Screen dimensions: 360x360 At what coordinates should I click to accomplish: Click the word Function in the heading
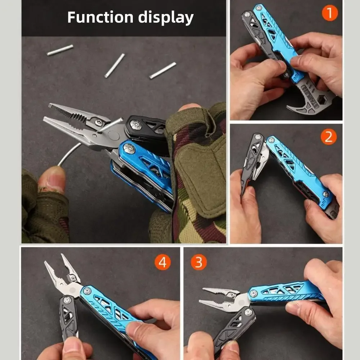[x=100, y=17]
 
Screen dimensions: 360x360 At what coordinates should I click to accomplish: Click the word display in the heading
[x=166, y=18]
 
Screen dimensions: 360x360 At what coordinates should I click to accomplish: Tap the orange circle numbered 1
[x=330, y=13]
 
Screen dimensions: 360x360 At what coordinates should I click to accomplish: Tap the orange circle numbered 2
[x=329, y=137]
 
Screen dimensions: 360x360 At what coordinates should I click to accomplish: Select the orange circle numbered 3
[x=199, y=262]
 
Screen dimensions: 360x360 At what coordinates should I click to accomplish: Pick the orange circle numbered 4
[x=163, y=262]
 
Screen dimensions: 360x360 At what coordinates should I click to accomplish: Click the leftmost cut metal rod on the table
[x=60, y=50]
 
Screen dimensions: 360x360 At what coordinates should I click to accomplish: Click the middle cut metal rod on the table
[x=114, y=66]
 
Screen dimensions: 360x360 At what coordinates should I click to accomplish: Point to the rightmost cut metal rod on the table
[x=163, y=70]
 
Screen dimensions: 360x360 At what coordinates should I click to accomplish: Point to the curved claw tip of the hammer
[x=289, y=106]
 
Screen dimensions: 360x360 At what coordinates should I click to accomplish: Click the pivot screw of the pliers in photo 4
[x=73, y=279]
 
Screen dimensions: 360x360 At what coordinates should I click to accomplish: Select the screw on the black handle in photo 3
[x=248, y=312]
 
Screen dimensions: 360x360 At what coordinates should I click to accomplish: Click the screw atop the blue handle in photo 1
[x=259, y=8]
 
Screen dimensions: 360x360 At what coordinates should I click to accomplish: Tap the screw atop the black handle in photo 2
[x=258, y=137]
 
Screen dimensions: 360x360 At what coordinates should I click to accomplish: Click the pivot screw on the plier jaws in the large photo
[x=99, y=122]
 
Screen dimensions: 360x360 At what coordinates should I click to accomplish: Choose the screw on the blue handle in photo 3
[x=253, y=293]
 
